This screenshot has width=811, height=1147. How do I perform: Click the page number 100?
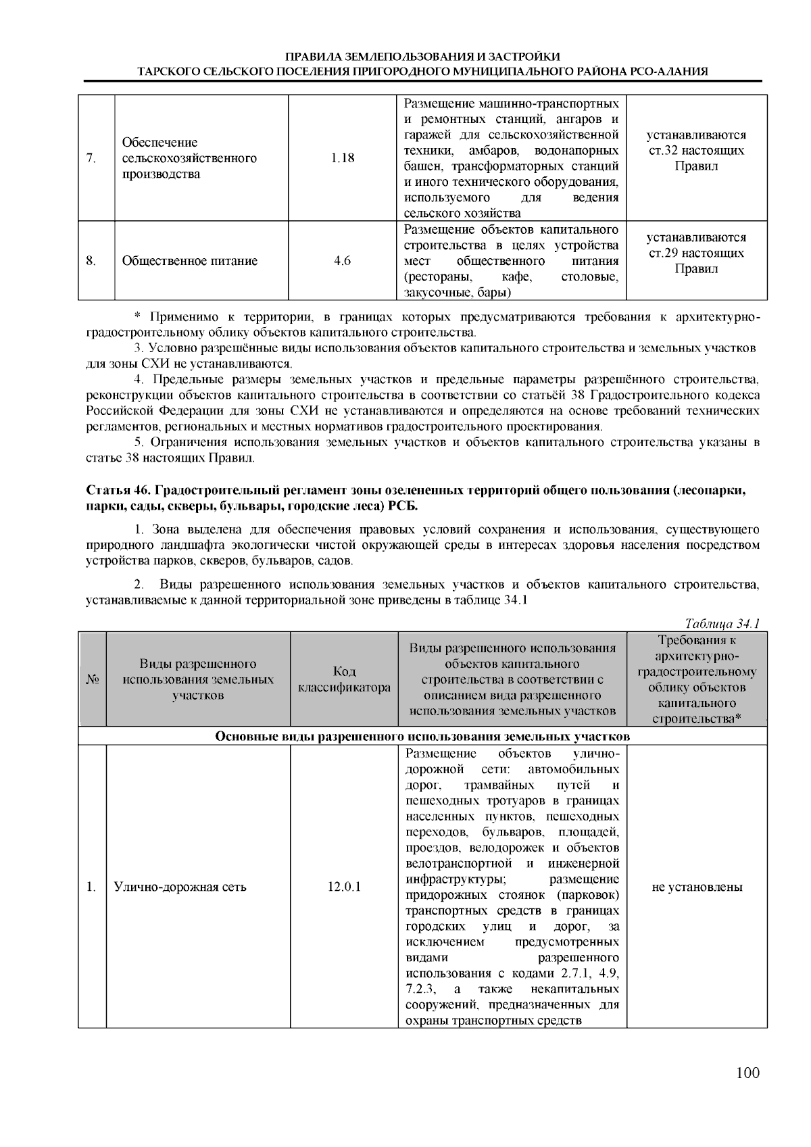(x=748, y=1073)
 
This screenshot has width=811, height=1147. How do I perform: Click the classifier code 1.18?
(x=343, y=158)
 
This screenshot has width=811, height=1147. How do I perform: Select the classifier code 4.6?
(x=343, y=261)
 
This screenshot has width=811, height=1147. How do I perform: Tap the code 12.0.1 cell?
(x=344, y=887)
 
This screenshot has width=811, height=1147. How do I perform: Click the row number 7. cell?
(x=91, y=158)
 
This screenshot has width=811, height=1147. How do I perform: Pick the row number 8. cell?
(x=91, y=261)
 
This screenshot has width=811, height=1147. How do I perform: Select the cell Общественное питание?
(x=190, y=261)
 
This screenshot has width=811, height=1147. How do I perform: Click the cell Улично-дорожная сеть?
(x=180, y=887)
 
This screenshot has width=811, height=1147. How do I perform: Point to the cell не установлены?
(x=697, y=887)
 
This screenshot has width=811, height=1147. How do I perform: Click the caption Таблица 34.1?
(x=722, y=623)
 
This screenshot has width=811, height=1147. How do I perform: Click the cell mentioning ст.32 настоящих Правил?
(x=696, y=150)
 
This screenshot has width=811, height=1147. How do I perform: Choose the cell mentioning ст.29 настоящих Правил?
(x=696, y=253)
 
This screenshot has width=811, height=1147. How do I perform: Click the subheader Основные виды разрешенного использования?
(x=422, y=736)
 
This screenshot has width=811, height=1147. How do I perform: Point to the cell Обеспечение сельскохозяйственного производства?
(x=189, y=158)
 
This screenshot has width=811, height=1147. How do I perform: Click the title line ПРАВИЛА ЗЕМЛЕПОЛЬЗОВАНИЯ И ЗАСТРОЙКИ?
(x=422, y=57)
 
